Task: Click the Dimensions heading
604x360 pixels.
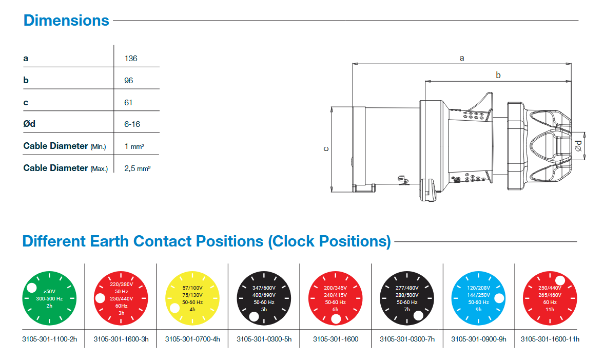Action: click(x=66, y=21)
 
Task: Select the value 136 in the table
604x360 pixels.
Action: click(x=131, y=58)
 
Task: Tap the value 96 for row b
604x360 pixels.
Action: click(x=129, y=80)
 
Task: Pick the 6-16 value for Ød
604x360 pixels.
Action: click(x=132, y=124)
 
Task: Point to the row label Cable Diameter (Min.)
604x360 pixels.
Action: click(x=65, y=146)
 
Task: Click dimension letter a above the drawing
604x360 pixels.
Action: click(x=462, y=58)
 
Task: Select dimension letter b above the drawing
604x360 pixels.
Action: click(x=498, y=75)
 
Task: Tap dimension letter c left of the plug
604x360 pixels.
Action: click(x=326, y=149)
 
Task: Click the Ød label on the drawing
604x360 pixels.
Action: click(x=578, y=145)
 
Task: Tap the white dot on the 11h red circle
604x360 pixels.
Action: click(x=560, y=280)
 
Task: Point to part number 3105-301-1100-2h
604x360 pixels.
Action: click(x=49, y=339)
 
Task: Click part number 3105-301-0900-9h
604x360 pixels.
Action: click(x=478, y=339)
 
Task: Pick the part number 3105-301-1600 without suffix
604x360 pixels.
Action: click(x=336, y=339)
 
